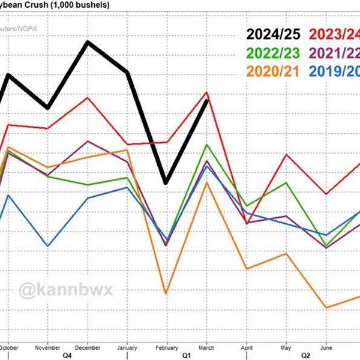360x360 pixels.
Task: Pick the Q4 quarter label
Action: click(x=68, y=355)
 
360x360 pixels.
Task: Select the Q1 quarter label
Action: click(x=187, y=355)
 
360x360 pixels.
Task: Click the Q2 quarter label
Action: click(x=305, y=355)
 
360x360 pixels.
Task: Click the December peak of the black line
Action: click(x=88, y=42)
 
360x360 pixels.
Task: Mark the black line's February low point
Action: click(x=166, y=182)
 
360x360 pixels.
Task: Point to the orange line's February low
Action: click(x=166, y=293)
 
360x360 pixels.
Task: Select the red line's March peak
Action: click(x=206, y=92)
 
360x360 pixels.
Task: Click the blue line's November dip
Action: click(x=48, y=246)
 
